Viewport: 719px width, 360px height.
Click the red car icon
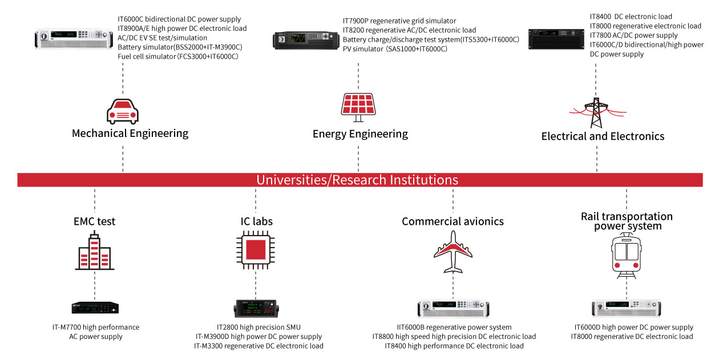123,111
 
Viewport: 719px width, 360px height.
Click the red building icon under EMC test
95,253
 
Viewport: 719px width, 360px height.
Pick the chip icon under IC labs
256,251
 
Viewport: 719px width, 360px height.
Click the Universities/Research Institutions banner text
357,180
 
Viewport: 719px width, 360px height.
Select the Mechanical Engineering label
130,134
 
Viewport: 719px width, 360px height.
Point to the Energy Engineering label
360,134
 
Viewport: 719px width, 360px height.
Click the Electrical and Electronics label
603,136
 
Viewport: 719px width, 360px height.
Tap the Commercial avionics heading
453,221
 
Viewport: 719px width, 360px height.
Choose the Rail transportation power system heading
627,221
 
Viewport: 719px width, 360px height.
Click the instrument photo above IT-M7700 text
95,308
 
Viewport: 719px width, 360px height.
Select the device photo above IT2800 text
256,308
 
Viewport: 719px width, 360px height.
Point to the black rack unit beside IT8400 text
556,39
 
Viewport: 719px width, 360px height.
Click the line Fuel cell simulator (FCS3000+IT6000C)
177,57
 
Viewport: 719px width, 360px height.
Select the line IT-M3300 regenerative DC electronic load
258,346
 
